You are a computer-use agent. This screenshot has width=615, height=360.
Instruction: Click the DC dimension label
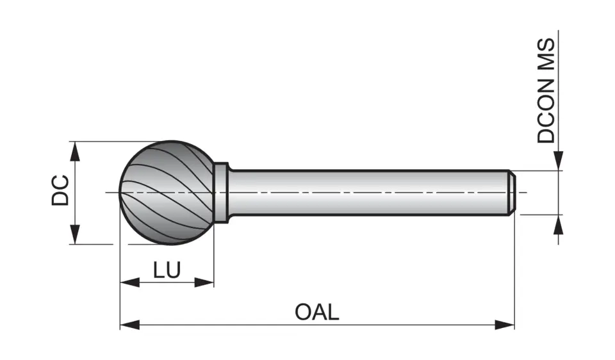(60, 190)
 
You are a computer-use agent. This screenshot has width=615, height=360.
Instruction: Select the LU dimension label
(167, 270)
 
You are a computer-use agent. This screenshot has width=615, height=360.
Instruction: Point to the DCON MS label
(546, 90)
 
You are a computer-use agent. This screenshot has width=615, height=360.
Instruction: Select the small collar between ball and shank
(221, 192)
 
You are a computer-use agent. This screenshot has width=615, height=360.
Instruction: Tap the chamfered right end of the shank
(512, 192)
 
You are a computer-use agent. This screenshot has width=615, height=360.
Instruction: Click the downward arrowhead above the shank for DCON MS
(559, 161)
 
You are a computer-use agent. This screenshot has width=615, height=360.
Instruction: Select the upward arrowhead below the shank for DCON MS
(559, 224)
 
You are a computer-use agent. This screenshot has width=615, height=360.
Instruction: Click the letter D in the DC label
(60, 198)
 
